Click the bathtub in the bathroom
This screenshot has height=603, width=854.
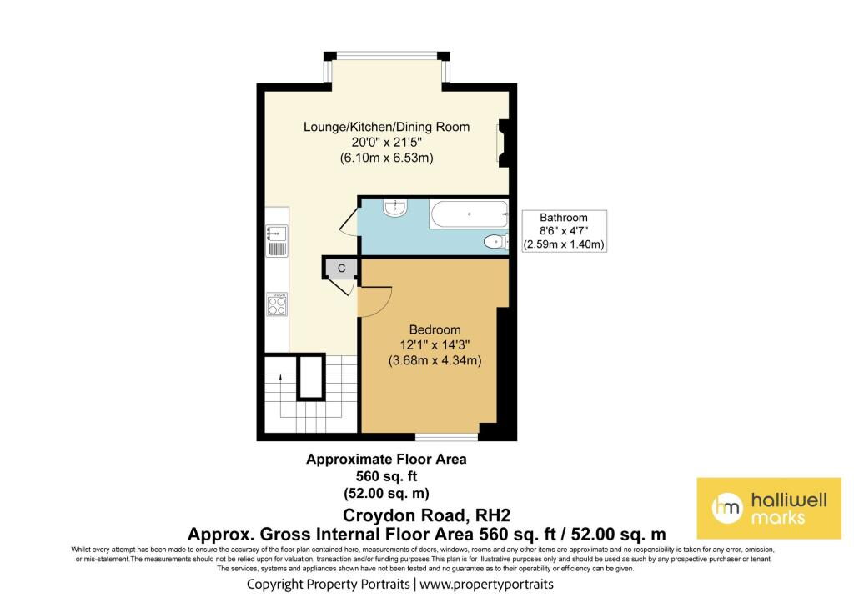click(469, 214)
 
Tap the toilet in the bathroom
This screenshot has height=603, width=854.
click(496, 242)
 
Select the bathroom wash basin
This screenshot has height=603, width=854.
click(394, 208)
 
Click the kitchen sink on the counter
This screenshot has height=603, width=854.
click(277, 240)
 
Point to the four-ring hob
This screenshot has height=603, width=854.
click(277, 304)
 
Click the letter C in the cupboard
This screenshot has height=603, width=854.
click(341, 268)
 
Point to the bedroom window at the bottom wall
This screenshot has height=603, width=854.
click(447, 435)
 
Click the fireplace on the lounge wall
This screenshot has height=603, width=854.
click(502, 144)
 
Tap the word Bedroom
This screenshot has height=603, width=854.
click(435, 329)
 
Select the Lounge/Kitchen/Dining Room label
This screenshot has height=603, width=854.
click(386, 127)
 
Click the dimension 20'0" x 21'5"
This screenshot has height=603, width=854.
click(386, 142)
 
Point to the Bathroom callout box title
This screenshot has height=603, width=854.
click(564, 218)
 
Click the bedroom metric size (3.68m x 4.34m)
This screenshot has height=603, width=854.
click(435, 360)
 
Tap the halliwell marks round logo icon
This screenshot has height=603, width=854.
click(727, 508)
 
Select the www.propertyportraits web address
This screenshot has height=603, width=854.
click(486, 585)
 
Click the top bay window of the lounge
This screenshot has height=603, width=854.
click(387, 55)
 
